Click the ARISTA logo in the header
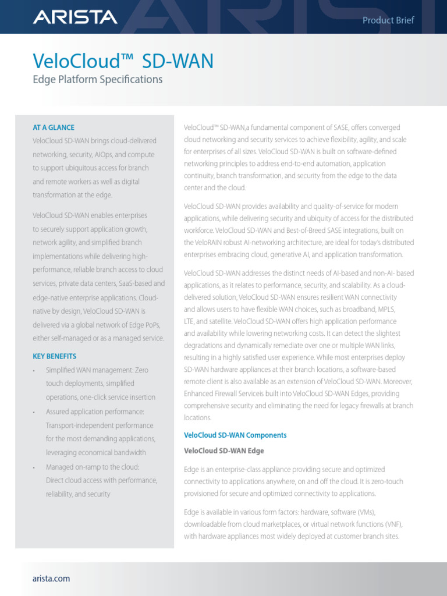pos(74,18)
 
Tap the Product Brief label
pos(388,20)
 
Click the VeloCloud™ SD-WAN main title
pos(123,61)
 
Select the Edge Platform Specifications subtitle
pos(98,79)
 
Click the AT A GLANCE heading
pos(54,127)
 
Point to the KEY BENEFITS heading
pos(55,356)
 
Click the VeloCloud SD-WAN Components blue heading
pos(235,435)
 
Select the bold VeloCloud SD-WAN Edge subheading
pos(223,451)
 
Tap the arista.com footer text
pos(51,579)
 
